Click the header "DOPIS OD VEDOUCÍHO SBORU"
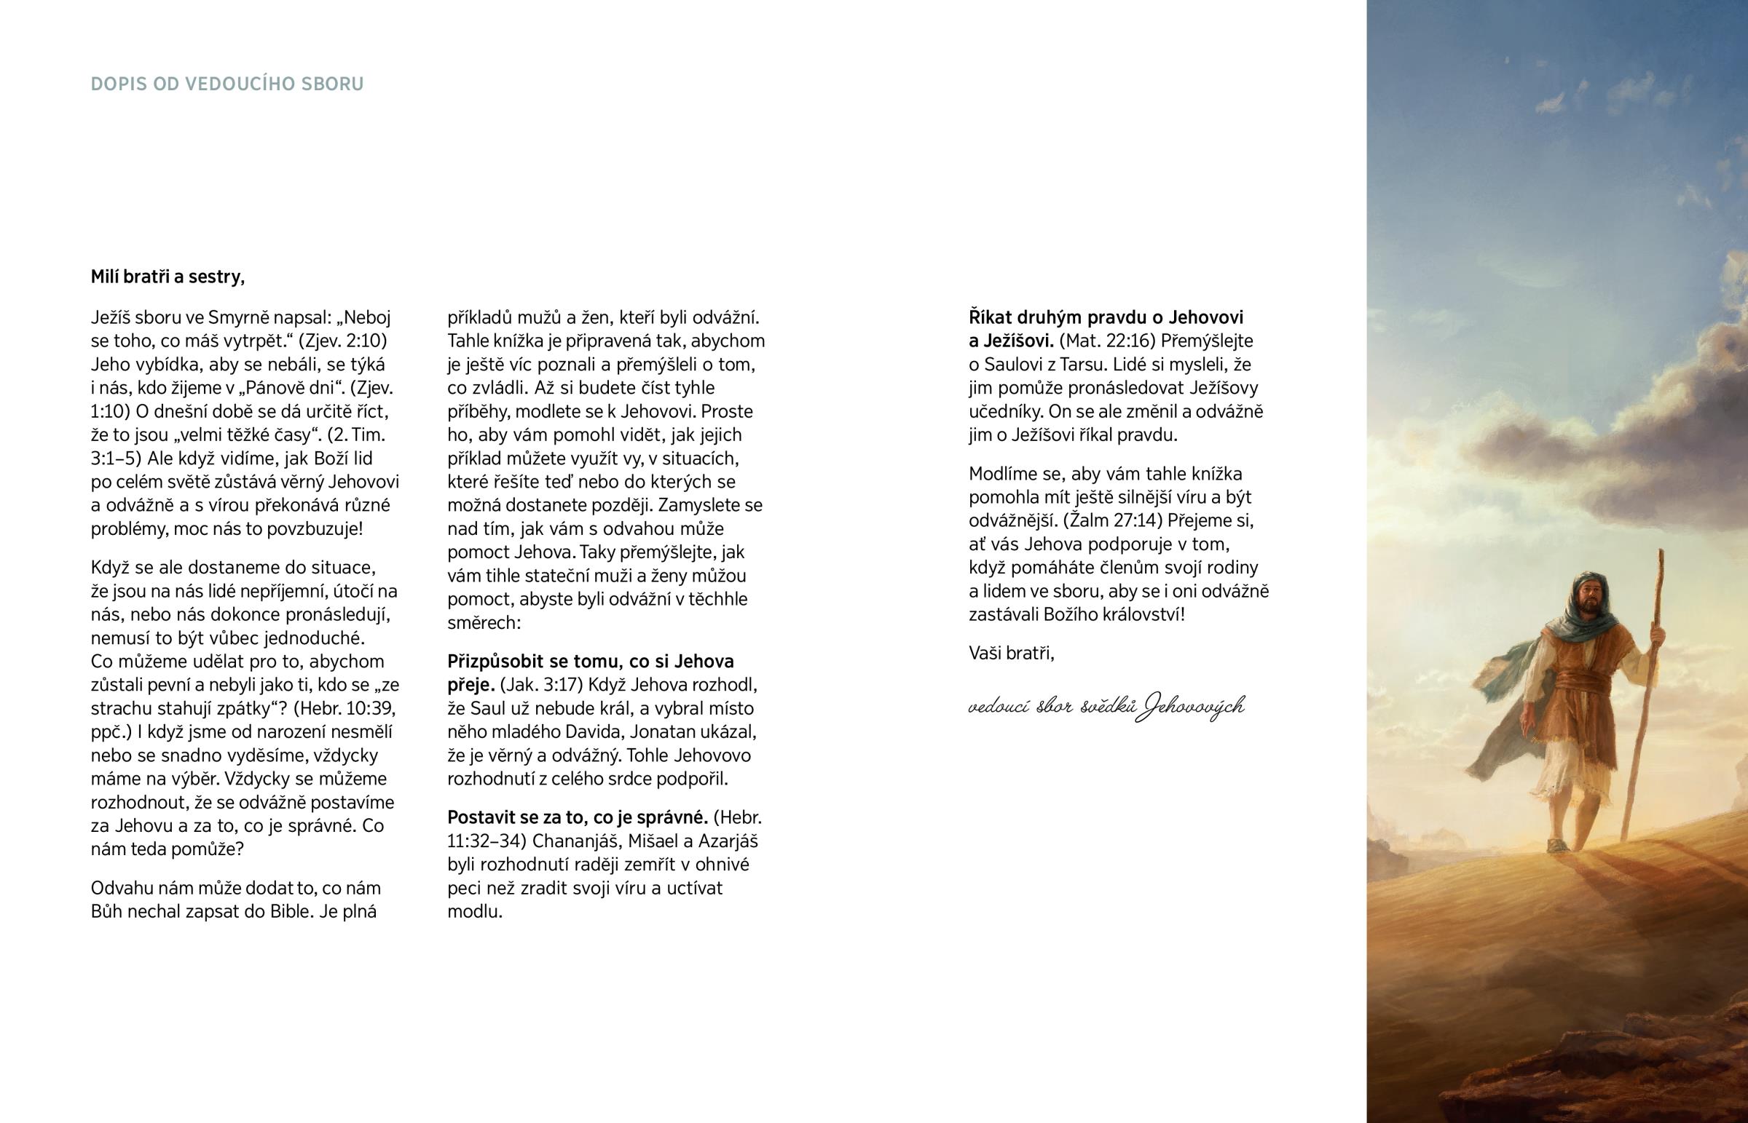click(x=227, y=84)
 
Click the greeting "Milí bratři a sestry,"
click(x=168, y=277)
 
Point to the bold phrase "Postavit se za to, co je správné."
click(x=578, y=817)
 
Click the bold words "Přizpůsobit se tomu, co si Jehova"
click(x=590, y=662)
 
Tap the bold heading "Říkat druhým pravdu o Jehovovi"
click(x=1106, y=317)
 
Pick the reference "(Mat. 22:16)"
click(x=1108, y=341)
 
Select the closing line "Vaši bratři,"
click(x=1011, y=653)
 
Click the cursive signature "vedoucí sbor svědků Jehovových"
click(x=1106, y=706)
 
